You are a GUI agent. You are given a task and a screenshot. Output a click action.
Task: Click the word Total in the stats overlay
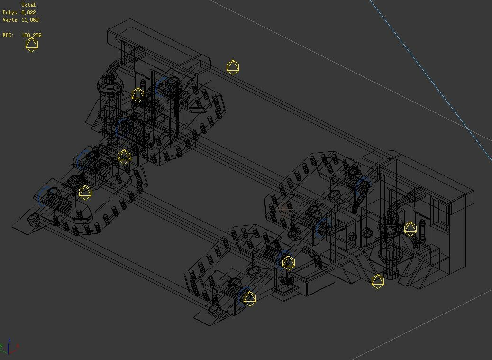point(28,5)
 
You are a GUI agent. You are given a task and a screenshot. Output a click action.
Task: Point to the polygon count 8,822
point(28,12)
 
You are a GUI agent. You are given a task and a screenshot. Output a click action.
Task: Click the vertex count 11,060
point(30,20)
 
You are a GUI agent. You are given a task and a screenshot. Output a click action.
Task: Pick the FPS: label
point(8,35)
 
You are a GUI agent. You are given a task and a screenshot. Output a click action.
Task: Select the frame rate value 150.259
point(31,35)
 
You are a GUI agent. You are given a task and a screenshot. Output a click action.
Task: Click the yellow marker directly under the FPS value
point(31,45)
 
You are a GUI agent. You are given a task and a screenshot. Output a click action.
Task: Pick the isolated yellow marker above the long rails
point(232,67)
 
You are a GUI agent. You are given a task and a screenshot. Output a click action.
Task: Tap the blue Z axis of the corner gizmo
point(9,342)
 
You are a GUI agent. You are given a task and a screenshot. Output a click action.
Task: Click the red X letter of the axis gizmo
point(18,346)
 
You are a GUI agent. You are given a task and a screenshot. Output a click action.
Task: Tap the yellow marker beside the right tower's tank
point(410,229)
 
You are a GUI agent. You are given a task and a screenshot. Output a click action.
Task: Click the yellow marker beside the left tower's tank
point(137,94)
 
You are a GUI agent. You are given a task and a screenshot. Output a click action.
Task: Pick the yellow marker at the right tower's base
point(377,281)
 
